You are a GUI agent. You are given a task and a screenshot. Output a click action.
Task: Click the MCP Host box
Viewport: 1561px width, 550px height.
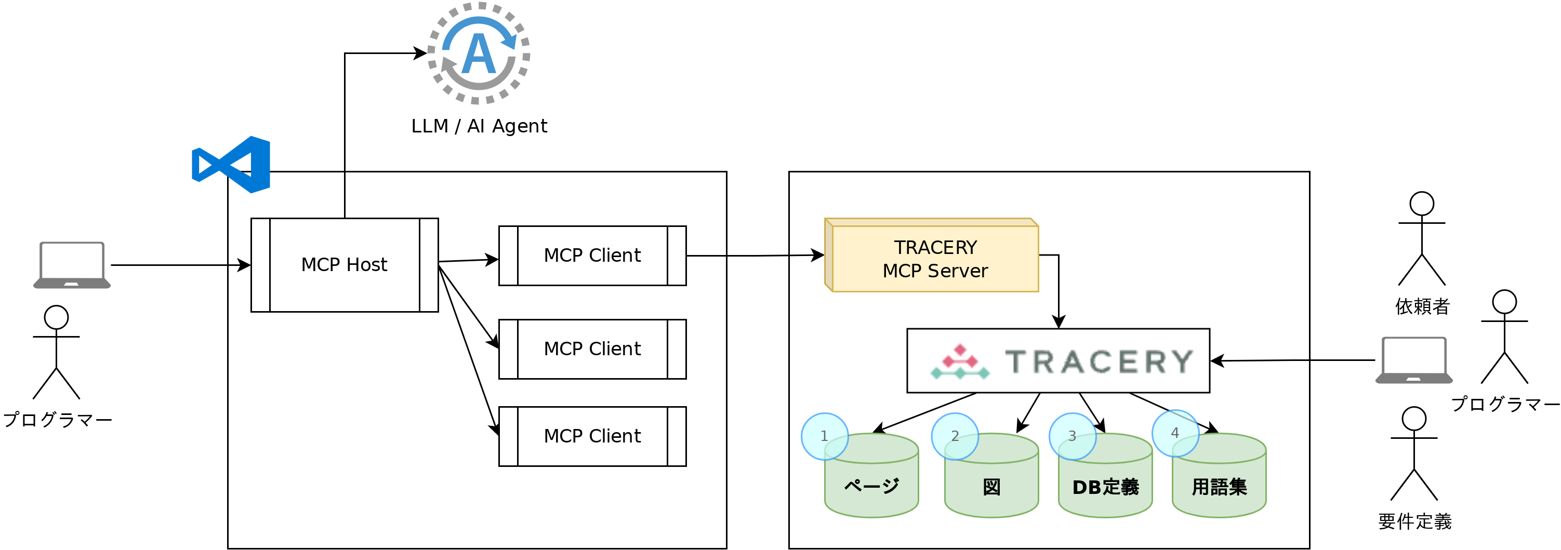point(344,265)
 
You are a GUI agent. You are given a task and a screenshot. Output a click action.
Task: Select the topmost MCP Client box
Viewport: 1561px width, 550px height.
point(592,256)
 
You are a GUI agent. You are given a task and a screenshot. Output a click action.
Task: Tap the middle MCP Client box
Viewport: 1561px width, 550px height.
point(592,349)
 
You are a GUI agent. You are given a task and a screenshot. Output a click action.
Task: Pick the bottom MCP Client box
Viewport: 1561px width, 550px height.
point(592,436)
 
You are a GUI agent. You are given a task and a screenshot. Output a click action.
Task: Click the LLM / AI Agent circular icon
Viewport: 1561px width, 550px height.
point(479,53)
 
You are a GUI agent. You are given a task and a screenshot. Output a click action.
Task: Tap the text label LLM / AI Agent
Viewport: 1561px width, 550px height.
point(479,126)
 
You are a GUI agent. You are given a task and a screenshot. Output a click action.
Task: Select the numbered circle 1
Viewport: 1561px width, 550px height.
point(824,436)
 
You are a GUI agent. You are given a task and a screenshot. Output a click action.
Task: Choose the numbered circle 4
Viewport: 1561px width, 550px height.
point(1175,433)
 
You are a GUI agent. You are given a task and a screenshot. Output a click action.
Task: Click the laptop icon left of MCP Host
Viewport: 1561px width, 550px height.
point(72,265)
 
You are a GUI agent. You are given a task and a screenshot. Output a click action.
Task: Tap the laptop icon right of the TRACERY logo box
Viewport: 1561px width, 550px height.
point(1414,360)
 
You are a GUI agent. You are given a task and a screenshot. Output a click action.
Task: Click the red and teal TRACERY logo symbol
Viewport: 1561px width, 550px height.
point(960,361)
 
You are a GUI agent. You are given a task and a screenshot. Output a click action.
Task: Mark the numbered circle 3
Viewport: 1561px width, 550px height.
point(1072,436)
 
